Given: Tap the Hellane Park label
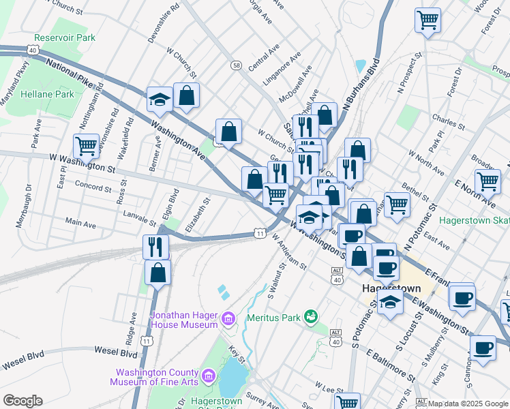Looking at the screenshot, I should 46,94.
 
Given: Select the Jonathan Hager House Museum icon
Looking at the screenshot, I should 228,318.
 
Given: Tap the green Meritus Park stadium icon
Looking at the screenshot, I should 312,316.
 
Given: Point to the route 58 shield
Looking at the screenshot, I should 236,65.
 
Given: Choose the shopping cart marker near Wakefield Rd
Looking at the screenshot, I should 86,145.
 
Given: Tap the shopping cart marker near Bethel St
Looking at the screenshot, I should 397,203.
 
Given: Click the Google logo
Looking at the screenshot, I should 22,401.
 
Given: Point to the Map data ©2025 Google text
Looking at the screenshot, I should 468,404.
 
